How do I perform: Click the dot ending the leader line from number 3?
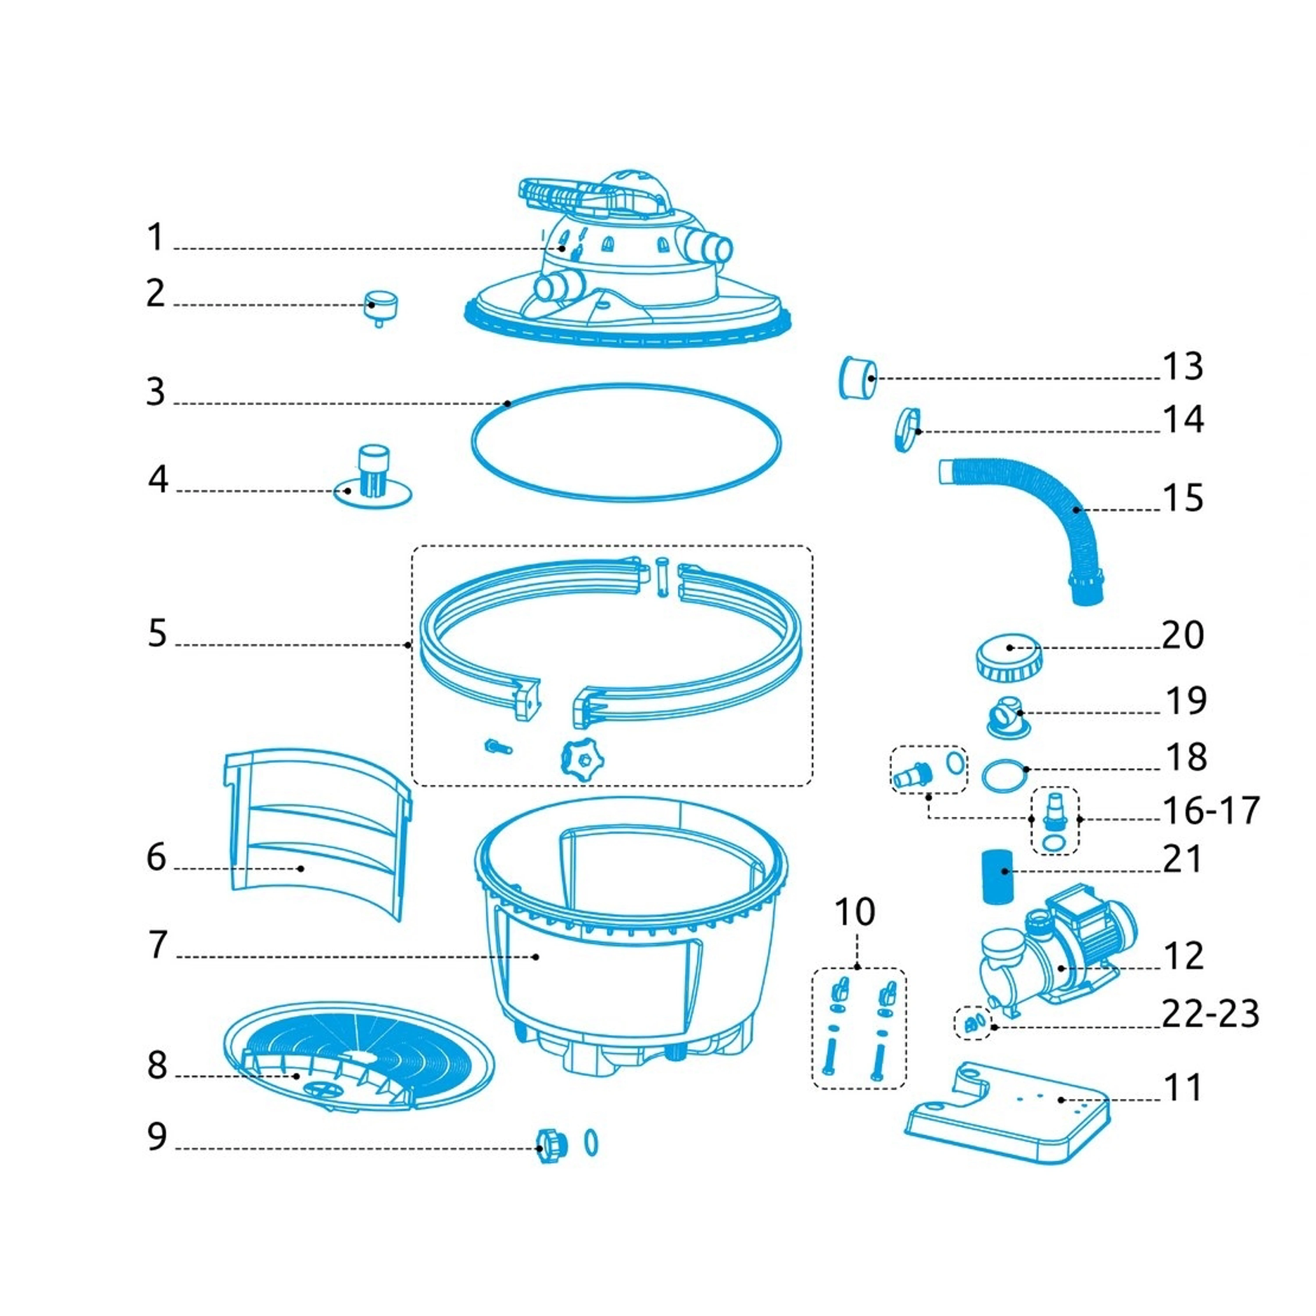pos(508,403)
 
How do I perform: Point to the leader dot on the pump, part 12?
pos(1061,968)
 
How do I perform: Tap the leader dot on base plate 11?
pos(1061,1099)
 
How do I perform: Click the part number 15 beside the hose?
pos(1183,498)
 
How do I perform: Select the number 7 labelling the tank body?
pos(158,945)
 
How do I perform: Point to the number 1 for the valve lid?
pos(156,237)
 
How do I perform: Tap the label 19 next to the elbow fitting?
pos(1186,700)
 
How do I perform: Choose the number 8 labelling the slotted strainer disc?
pos(157,1066)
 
